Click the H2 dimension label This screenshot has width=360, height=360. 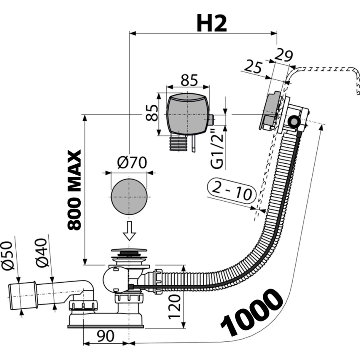point(212,24)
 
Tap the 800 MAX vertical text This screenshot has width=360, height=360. point(74,190)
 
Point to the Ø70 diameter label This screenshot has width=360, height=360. point(131,163)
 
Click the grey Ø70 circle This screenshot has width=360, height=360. point(129,197)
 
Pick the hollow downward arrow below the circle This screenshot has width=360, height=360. point(129,231)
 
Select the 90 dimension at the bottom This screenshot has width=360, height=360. point(106,336)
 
